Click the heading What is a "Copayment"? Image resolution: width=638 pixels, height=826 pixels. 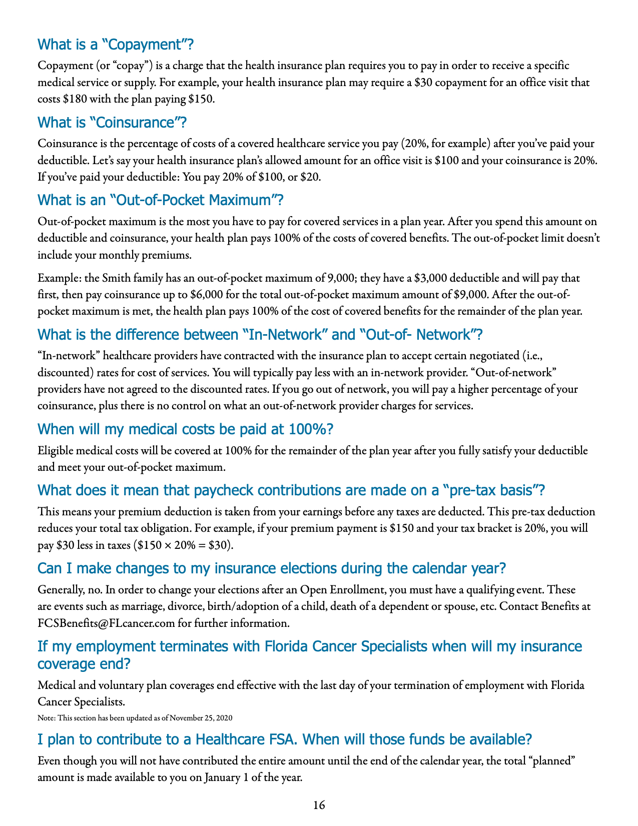pyautogui.click(x=115, y=45)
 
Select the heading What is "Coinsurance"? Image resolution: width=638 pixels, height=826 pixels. pyautogui.click(x=112, y=123)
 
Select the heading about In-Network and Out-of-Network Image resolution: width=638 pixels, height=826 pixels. pyautogui.click(x=260, y=335)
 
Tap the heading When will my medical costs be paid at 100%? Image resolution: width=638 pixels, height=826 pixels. pyautogui.click(x=186, y=429)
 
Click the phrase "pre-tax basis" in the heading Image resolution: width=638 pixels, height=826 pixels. pyautogui.click(x=492, y=490)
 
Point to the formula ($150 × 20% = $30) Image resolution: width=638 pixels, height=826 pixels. pyautogui.click(x=184, y=545)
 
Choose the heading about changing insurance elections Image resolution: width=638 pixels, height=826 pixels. pyautogui.click(x=272, y=569)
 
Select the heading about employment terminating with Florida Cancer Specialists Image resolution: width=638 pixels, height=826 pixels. pyautogui.click(x=310, y=655)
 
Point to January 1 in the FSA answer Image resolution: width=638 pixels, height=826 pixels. pyautogui.click(x=225, y=777)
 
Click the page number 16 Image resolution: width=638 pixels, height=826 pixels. pyautogui.click(x=319, y=805)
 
